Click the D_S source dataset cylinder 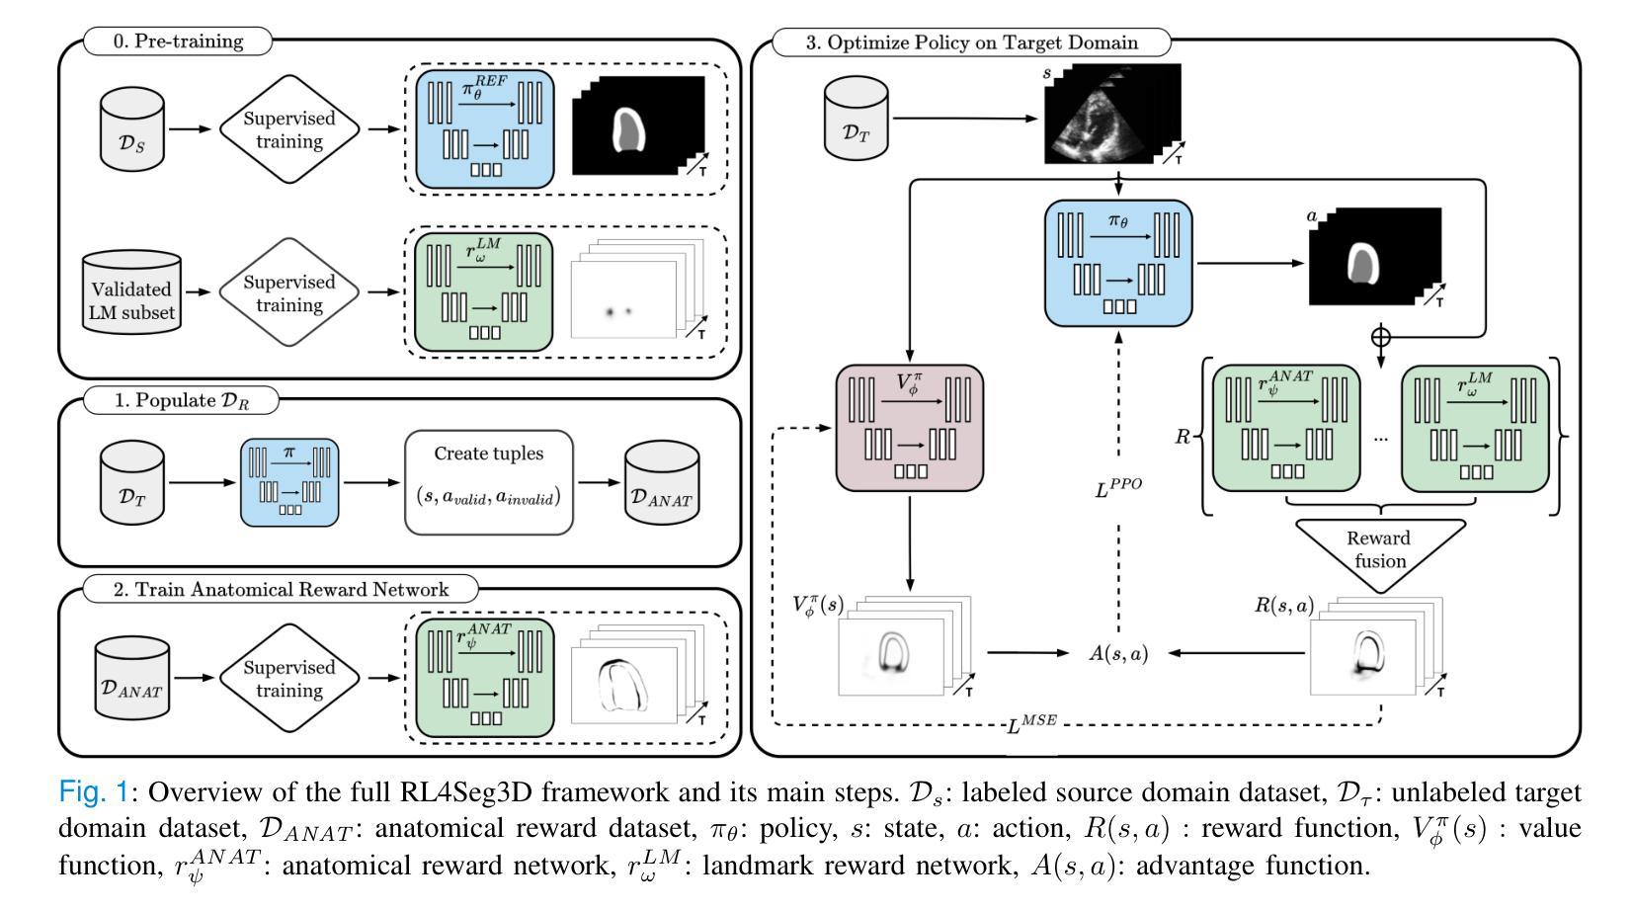click(132, 129)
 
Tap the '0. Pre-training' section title click(178, 41)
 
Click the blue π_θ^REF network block click(484, 129)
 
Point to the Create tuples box click(489, 481)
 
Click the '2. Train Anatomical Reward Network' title click(281, 590)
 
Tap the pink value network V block click(909, 427)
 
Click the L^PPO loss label click(1118, 486)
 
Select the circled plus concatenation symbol click(1380, 337)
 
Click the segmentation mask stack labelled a click(1374, 256)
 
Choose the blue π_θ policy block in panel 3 click(1118, 262)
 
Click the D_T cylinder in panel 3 click(857, 120)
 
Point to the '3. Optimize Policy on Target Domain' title click(972, 42)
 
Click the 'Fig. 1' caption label click(94, 792)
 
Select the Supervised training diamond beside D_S click(289, 129)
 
